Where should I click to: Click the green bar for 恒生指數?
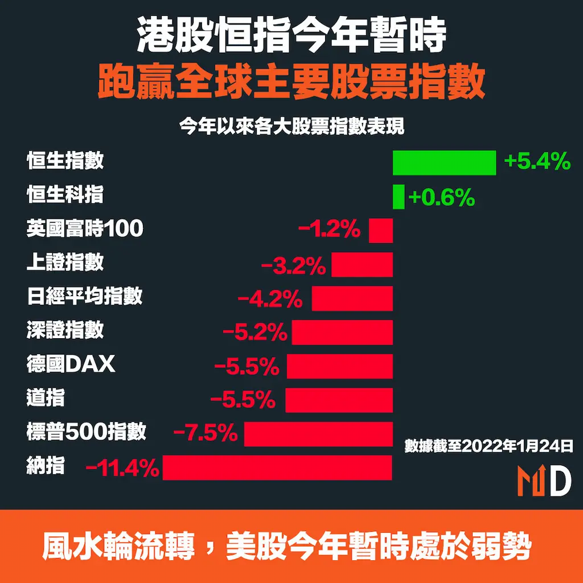[x=444, y=163]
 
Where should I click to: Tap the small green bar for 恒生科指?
[x=399, y=197]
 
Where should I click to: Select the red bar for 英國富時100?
[x=381, y=231]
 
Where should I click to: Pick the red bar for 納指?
[x=277, y=467]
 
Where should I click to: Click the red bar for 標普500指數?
[x=318, y=434]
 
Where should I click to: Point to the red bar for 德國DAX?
[x=340, y=366]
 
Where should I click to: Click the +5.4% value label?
[x=537, y=162]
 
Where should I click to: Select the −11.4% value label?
[x=122, y=468]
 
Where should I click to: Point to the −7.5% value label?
[x=205, y=434]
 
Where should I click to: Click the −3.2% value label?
[x=293, y=265]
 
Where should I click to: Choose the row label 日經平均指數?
[x=84, y=296]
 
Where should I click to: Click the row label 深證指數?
[x=65, y=330]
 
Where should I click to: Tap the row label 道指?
[x=46, y=397]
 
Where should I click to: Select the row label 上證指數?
[x=65, y=262]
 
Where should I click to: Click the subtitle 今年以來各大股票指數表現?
[x=291, y=126]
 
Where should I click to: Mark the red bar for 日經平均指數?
[x=352, y=298]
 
